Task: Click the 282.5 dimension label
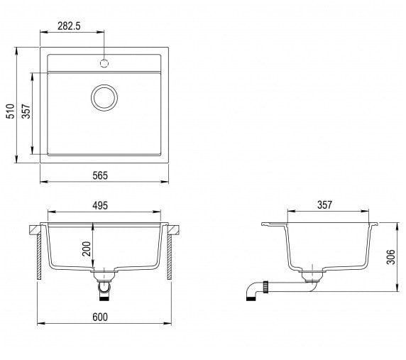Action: click(x=69, y=26)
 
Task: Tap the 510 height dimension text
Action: click(x=11, y=111)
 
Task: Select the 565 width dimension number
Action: click(x=100, y=175)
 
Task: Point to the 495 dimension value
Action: click(x=100, y=206)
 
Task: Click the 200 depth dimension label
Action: click(x=87, y=249)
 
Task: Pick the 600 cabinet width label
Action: click(x=100, y=317)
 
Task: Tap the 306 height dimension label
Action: click(x=390, y=257)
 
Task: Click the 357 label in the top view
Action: click(x=26, y=111)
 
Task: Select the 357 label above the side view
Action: click(x=324, y=205)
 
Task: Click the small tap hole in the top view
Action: click(x=104, y=63)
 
